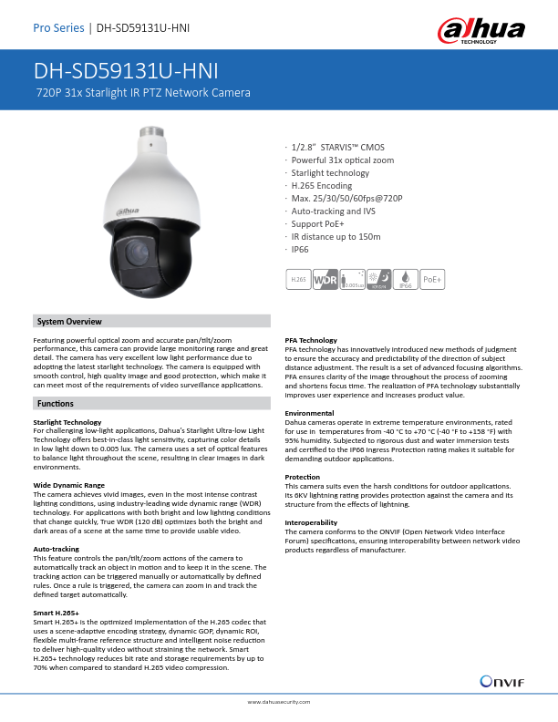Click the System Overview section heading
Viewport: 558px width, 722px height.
point(69,322)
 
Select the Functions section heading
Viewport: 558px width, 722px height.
point(56,402)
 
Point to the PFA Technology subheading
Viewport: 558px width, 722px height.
point(311,340)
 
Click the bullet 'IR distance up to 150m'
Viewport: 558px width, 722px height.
point(335,235)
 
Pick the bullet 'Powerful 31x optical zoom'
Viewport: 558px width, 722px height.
point(342,160)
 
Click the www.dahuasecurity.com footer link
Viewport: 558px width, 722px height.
point(279,703)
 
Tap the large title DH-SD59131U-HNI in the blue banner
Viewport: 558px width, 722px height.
point(125,71)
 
